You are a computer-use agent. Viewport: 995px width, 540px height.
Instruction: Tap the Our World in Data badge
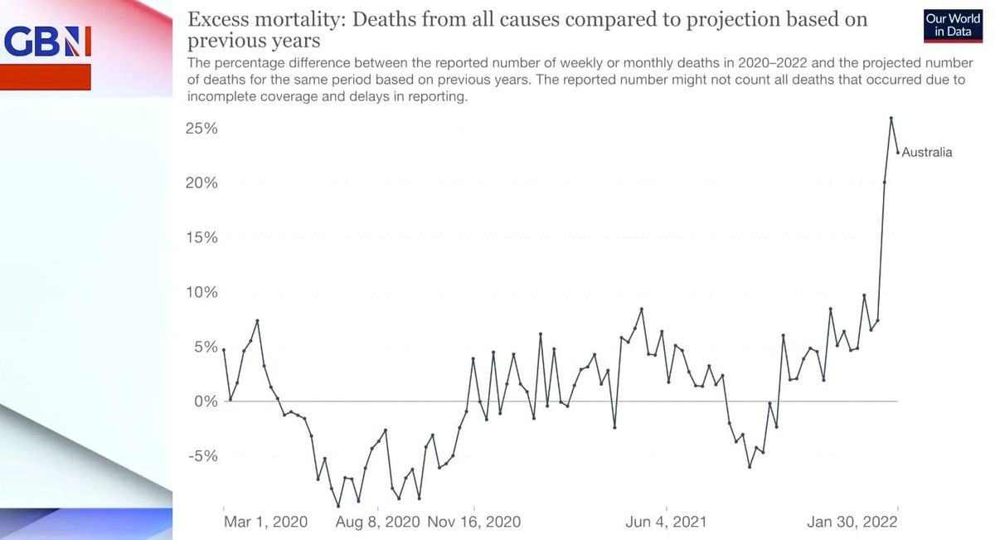point(953,25)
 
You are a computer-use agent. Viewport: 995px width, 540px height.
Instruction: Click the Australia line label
point(927,153)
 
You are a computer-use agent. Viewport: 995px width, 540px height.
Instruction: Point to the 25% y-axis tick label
point(201,129)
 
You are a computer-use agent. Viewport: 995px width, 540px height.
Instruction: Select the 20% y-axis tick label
point(201,183)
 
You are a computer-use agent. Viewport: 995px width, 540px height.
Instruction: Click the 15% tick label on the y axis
point(201,238)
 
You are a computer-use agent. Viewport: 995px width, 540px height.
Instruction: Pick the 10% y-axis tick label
point(201,293)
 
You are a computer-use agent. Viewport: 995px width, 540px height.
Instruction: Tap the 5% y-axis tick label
point(205,348)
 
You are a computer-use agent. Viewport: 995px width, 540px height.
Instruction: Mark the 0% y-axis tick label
point(205,401)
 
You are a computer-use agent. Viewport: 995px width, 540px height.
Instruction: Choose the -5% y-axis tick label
point(202,456)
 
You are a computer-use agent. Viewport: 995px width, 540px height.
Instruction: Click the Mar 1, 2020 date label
point(265,522)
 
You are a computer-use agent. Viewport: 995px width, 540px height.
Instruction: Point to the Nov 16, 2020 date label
point(473,522)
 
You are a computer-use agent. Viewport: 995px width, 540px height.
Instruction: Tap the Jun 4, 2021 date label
point(667,522)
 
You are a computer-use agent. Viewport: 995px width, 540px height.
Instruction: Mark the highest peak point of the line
point(891,118)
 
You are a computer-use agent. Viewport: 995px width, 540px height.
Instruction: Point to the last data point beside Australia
point(898,152)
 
